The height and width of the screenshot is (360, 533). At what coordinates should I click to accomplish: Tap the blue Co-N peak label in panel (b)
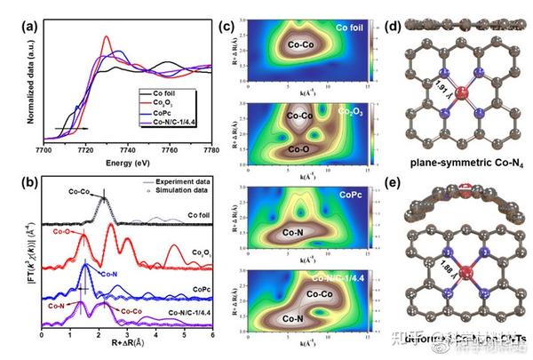click(107, 274)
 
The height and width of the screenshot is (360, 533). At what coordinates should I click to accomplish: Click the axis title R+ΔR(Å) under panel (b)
click(128, 342)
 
